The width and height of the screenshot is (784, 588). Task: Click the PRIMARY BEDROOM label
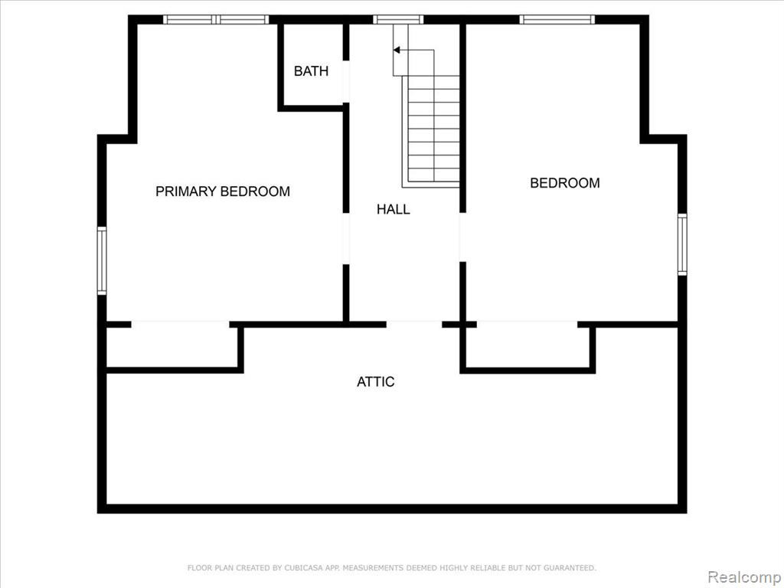point(223,191)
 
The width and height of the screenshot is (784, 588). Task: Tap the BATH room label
point(311,71)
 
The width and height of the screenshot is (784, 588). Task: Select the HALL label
point(394,209)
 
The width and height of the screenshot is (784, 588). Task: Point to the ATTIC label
point(375,381)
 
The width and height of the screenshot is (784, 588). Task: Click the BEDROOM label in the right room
point(565,183)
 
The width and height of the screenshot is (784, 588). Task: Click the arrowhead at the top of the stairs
point(397,50)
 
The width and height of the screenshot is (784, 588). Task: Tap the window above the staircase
point(398,19)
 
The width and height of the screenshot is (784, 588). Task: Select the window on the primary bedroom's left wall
point(102,260)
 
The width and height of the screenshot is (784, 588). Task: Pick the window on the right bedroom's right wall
point(682,244)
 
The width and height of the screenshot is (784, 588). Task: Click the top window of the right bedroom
point(557,19)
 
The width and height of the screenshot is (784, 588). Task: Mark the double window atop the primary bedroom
point(216,19)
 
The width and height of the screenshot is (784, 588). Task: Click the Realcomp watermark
point(744,577)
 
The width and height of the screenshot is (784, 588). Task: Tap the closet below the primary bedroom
point(172,348)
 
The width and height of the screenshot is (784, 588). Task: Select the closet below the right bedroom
point(528,348)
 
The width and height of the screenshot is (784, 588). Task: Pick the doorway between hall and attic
point(414,325)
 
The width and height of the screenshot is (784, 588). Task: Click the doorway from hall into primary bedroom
point(345,239)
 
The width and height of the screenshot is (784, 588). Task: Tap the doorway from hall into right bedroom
point(462,237)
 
